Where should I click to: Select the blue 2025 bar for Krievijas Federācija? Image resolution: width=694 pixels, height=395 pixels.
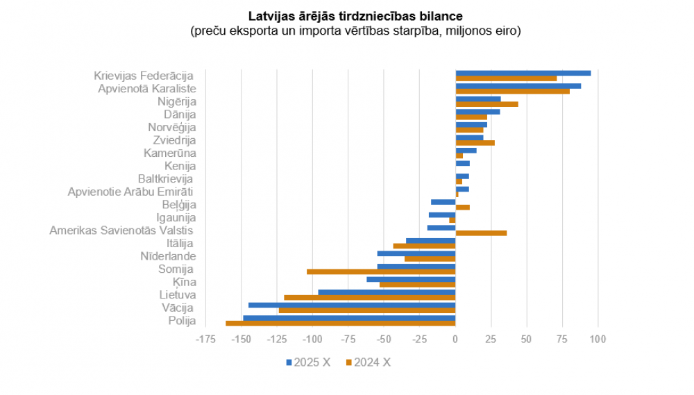tap(523, 73)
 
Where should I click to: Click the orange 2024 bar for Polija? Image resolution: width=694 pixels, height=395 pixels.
tap(341, 323)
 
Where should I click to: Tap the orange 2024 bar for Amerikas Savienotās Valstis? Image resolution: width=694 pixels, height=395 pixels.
tap(481, 233)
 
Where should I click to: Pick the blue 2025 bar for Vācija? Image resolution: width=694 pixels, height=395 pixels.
tap(352, 305)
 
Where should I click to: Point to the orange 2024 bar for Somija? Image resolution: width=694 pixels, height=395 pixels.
tap(381, 271)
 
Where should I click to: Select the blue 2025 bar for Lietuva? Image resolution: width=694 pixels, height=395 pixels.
tap(387, 292)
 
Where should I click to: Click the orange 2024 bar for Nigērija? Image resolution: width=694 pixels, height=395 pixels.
tap(486, 104)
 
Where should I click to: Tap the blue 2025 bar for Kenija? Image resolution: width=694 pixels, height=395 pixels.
tap(462, 163)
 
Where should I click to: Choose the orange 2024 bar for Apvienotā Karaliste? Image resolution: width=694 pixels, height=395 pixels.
tap(512, 91)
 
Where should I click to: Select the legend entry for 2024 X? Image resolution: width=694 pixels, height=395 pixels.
tap(368, 362)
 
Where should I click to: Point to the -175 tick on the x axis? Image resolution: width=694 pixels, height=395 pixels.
tap(205, 339)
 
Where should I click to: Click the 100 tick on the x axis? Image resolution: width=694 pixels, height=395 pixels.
tap(598, 339)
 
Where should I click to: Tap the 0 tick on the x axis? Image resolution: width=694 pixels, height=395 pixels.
tap(455, 339)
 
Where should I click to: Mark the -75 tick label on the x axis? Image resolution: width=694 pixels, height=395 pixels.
tap(348, 339)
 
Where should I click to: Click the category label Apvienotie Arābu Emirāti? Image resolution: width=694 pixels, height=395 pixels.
tap(130, 192)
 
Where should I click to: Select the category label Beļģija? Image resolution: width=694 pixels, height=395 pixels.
tap(179, 205)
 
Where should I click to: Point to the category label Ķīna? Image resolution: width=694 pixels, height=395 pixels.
tap(185, 282)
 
